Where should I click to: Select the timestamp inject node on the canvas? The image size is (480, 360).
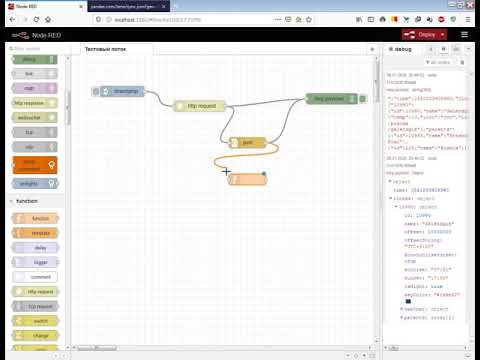[x=126, y=91]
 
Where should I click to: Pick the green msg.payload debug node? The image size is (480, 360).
[x=331, y=98]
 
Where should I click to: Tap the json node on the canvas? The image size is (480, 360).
[x=248, y=143]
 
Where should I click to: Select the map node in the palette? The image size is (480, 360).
[x=30, y=88]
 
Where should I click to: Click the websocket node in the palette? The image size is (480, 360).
[x=30, y=117]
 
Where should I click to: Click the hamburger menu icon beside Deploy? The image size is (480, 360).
[x=465, y=34]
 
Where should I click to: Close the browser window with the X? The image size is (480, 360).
[x=469, y=5]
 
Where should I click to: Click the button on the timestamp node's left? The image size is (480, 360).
[x=97, y=91]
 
